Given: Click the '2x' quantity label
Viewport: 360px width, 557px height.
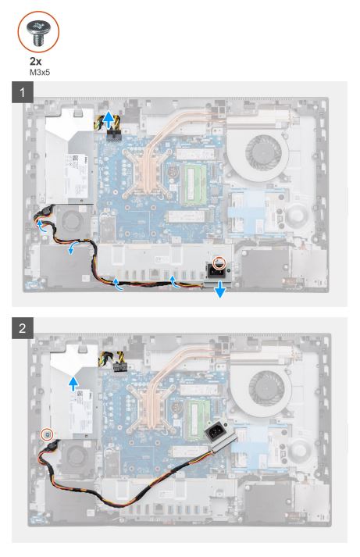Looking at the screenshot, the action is [x=35, y=62].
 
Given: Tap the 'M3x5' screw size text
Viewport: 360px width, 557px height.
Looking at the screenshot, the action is [x=39, y=73].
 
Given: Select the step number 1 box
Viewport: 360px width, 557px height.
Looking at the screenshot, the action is [x=23, y=92].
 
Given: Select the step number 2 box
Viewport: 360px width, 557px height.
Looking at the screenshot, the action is [x=23, y=327].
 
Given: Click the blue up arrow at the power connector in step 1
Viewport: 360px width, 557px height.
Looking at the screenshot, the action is [x=109, y=119].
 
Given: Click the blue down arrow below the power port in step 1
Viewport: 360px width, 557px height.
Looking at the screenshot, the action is [x=220, y=290].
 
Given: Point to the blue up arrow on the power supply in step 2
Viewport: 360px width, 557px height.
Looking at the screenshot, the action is [x=73, y=384].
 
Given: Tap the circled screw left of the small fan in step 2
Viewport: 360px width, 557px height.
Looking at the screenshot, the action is [x=48, y=434].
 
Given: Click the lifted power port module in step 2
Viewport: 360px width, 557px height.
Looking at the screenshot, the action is [x=219, y=435].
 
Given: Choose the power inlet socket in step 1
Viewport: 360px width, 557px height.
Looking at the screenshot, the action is [x=218, y=272].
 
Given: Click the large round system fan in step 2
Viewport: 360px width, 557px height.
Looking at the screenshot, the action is [x=267, y=391].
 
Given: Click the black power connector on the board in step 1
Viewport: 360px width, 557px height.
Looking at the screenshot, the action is [x=114, y=135].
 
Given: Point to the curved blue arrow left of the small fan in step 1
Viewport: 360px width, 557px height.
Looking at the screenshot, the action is [x=42, y=226].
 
